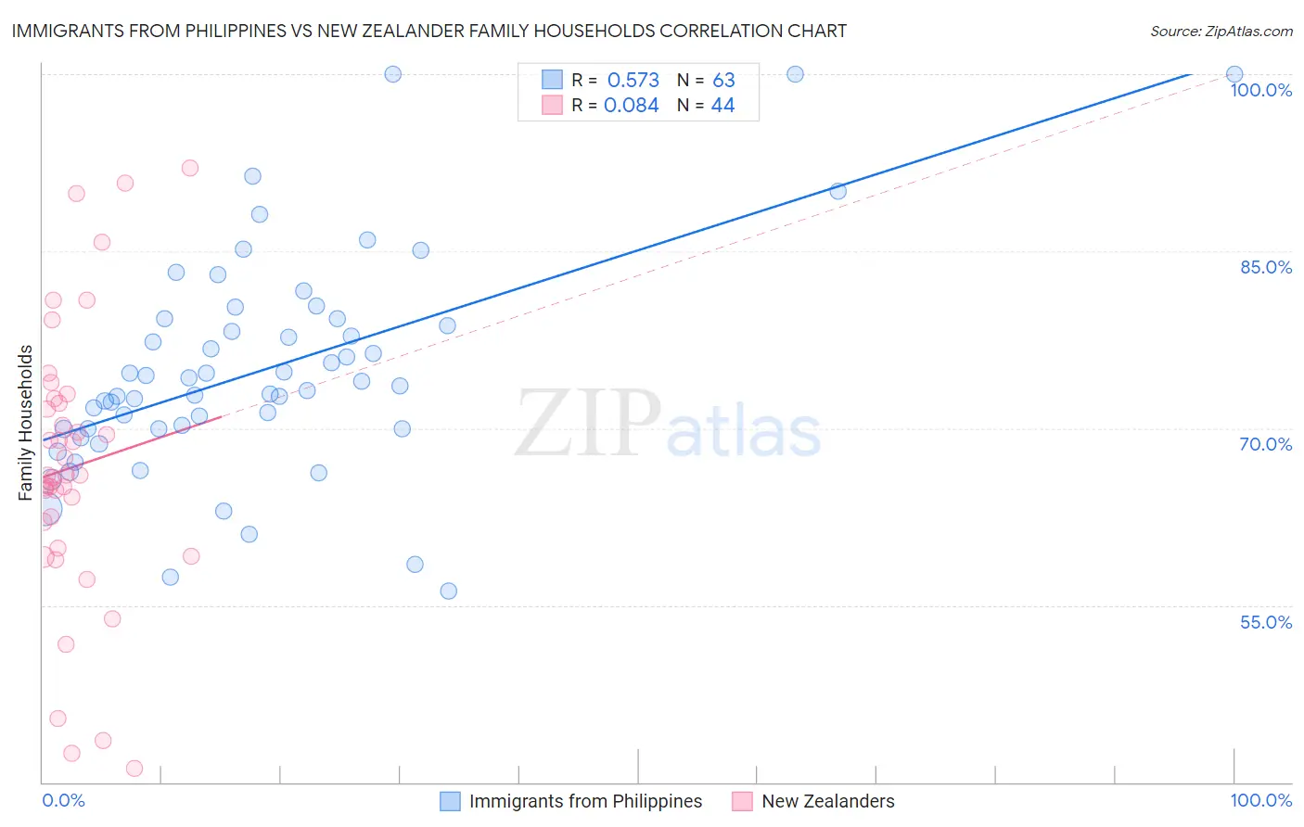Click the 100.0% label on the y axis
tap(1260, 90)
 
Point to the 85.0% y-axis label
tap(1266, 267)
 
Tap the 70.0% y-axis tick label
tap(1266, 444)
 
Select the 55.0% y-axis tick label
tap(1266, 622)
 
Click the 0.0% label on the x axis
tap(63, 800)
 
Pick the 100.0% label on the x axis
tap(1260, 800)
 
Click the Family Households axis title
tap(26, 423)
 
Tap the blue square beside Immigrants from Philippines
tap(450, 801)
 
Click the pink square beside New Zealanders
tap(742, 801)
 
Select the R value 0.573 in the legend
tap(633, 81)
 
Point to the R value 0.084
tap(631, 106)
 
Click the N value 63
tap(723, 81)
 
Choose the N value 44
tap(722, 106)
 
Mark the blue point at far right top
tap(1234, 74)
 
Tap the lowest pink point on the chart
tap(134, 768)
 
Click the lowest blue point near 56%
tap(449, 592)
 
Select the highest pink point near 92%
tap(190, 168)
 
